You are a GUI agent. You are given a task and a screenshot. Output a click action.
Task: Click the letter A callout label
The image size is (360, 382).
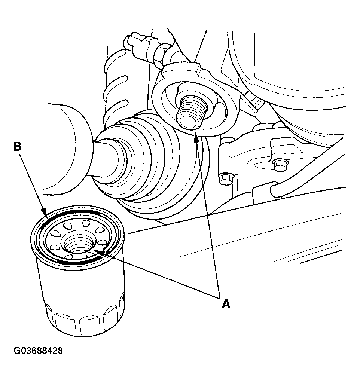(226, 304)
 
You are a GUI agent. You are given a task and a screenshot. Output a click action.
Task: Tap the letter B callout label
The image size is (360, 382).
(17, 146)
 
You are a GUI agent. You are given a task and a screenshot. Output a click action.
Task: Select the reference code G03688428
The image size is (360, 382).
(38, 351)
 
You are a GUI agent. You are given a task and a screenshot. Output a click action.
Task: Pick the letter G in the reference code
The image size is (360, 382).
(17, 351)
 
